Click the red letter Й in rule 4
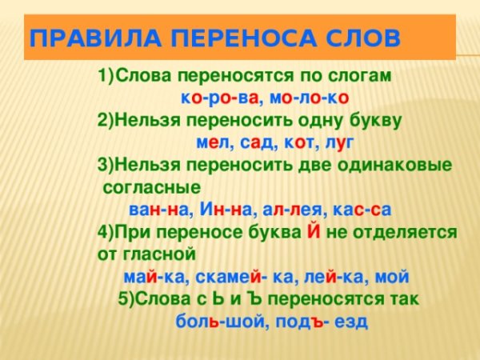point(316,233)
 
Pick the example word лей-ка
point(339,277)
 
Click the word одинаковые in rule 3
point(396,166)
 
